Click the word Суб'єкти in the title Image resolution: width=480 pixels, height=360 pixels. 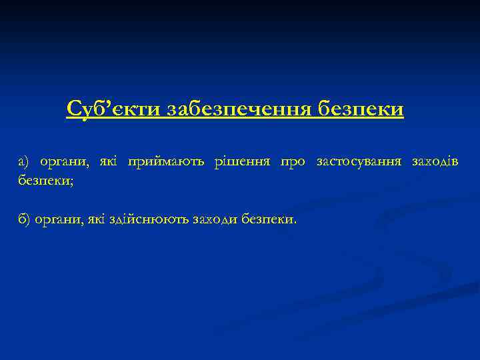coord(113,109)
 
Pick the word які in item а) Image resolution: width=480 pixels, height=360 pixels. coord(108,161)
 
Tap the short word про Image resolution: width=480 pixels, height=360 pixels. coord(293,161)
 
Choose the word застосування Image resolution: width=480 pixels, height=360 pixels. coord(359,161)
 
